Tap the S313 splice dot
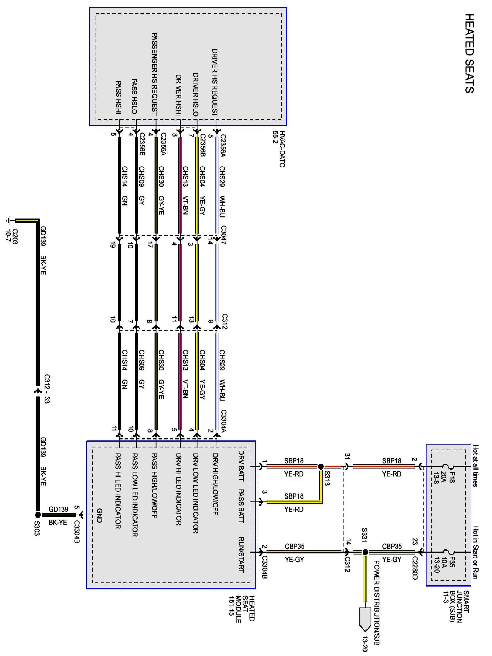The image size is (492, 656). (320, 466)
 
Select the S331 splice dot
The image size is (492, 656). (365, 552)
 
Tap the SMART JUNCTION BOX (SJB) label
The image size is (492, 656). (456, 607)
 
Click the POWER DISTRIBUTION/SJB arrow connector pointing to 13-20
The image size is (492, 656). (365, 618)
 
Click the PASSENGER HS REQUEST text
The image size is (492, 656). (154, 74)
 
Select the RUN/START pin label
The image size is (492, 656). (241, 554)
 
